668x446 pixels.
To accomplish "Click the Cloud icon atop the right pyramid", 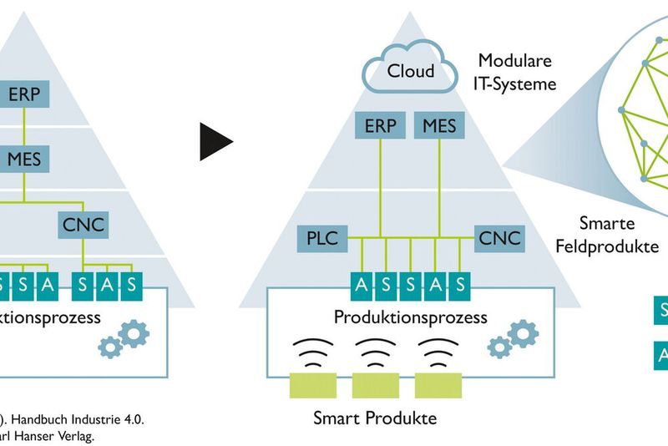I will [411, 68].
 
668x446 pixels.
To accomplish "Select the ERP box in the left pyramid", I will [24, 94].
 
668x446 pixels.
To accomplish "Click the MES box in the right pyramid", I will [440, 125].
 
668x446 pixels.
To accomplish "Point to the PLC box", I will [321, 238].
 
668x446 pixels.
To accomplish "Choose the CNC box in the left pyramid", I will [83, 223].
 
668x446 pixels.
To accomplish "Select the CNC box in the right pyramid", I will [499, 238].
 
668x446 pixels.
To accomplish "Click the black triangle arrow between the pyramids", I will [215, 141].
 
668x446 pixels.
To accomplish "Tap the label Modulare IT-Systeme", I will [517, 71].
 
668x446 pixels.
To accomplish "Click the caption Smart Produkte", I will [375, 418].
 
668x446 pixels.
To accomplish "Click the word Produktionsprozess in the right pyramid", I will [410, 317].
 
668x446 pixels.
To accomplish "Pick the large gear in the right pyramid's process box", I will [523, 333].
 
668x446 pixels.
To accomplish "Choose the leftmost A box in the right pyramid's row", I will [361, 285].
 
